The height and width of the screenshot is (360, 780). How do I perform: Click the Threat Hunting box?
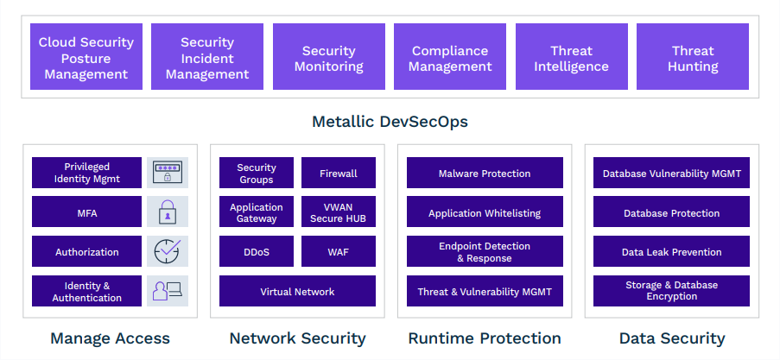coord(693,57)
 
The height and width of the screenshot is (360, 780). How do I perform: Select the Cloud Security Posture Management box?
coord(86,57)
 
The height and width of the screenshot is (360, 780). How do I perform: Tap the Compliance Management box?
coord(450,57)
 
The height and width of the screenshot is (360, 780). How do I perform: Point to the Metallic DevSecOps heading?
coord(390,122)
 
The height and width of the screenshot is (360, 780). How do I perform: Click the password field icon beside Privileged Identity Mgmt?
coord(168,173)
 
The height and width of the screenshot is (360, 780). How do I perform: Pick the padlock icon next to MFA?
coord(168,212)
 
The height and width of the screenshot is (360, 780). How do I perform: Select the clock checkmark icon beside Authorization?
coord(168,251)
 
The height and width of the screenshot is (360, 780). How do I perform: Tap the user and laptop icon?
coord(168,291)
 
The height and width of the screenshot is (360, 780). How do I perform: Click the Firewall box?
coord(339,173)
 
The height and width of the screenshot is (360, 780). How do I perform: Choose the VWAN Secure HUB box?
coord(339,212)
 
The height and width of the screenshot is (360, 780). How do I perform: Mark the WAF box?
coord(339,251)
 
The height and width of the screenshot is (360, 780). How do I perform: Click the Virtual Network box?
coord(297,291)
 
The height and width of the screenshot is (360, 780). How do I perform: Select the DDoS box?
coord(257,251)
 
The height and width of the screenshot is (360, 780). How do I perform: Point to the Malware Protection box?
coord(485,173)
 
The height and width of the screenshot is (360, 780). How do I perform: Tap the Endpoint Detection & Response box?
coord(485,251)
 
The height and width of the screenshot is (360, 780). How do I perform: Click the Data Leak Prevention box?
coord(671,251)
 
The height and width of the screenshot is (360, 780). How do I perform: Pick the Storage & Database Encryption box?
coord(671,291)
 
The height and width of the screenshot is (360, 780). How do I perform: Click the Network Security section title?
coord(297,338)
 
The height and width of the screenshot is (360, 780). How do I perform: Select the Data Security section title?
coord(672,338)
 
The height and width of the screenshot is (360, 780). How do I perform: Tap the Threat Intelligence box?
coord(572,57)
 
